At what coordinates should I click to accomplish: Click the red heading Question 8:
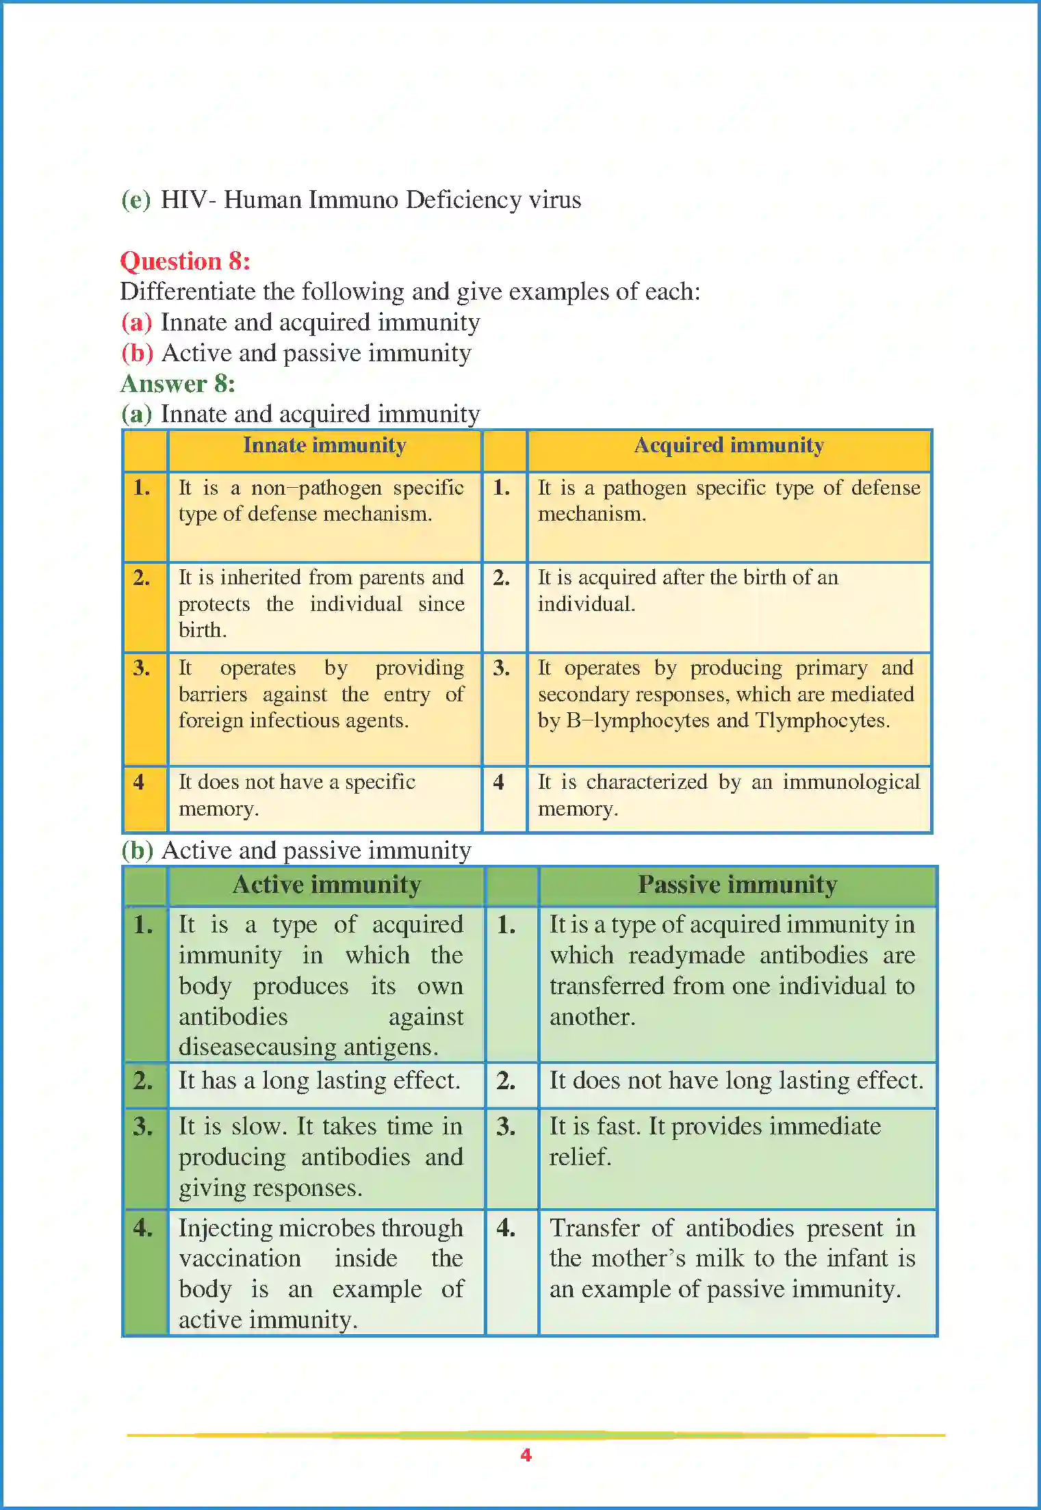point(185,261)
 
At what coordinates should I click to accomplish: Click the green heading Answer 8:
point(178,384)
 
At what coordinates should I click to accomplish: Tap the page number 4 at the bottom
point(526,1455)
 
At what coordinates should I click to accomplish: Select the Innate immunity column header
point(324,445)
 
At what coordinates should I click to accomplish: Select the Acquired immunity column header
point(729,445)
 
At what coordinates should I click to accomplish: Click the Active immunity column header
point(326,885)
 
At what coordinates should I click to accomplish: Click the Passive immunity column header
point(737,885)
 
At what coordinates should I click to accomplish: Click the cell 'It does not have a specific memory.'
point(297,795)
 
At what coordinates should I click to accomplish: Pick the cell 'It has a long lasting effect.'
point(319,1080)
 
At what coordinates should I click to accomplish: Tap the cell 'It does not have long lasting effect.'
point(736,1080)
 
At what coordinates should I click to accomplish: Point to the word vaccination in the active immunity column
point(240,1258)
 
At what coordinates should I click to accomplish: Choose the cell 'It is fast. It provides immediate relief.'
point(715,1141)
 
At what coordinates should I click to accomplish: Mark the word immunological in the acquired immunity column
point(851,782)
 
